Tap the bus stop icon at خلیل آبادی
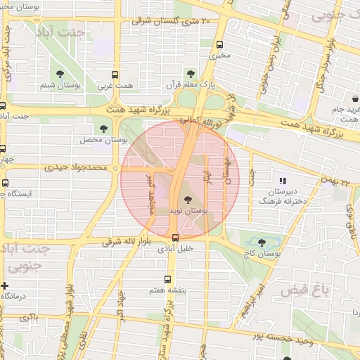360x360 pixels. click(x=175, y=238)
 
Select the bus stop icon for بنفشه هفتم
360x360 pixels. click(x=167, y=278)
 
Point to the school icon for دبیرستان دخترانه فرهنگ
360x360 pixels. click(x=283, y=181)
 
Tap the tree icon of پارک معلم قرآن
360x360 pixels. click(x=191, y=73)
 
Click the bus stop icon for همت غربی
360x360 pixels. click(x=116, y=75)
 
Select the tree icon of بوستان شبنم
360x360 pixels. click(x=58, y=75)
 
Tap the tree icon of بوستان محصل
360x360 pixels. click(x=103, y=129)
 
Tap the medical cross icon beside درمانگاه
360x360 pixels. click(x=6, y=285)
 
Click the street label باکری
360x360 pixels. click(x=29, y=317)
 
